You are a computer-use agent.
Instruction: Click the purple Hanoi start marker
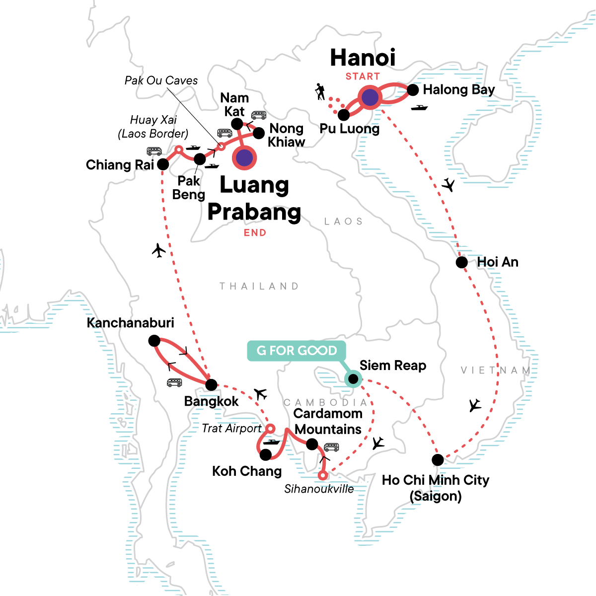pyautogui.click(x=370, y=98)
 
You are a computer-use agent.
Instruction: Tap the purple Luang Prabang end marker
pyautogui.click(x=244, y=158)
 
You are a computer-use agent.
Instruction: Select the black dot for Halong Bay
pyautogui.click(x=413, y=90)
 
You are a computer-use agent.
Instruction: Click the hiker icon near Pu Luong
pyautogui.click(x=320, y=92)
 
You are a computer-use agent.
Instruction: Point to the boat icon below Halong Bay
pyautogui.click(x=419, y=108)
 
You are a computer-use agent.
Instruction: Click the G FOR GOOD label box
pyautogui.click(x=297, y=351)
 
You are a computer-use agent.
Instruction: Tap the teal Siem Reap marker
pyautogui.click(x=353, y=379)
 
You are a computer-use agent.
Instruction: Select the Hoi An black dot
pyautogui.click(x=462, y=262)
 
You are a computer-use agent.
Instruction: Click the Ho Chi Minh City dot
pyautogui.click(x=438, y=460)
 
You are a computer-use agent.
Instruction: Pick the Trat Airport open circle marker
pyautogui.click(x=270, y=428)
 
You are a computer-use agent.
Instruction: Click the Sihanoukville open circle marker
pyautogui.click(x=323, y=476)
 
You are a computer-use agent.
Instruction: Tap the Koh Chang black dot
pyautogui.click(x=266, y=454)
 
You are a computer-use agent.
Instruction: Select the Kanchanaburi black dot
pyautogui.click(x=154, y=341)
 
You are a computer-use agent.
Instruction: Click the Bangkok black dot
pyautogui.click(x=211, y=384)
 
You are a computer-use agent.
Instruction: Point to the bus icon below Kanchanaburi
pyautogui.click(x=174, y=382)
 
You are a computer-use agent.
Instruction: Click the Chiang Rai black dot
pyautogui.click(x=163, y=164)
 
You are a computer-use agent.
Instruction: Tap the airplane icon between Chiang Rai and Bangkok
pyautogui.click(x=158, y=250)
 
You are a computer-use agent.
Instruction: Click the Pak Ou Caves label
pyautogui.click(x=161, y=80)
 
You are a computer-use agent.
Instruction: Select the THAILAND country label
pyautogui.click(x=259, y=287)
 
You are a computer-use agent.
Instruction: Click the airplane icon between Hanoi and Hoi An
pyautogui.click(x=448, y=185)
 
